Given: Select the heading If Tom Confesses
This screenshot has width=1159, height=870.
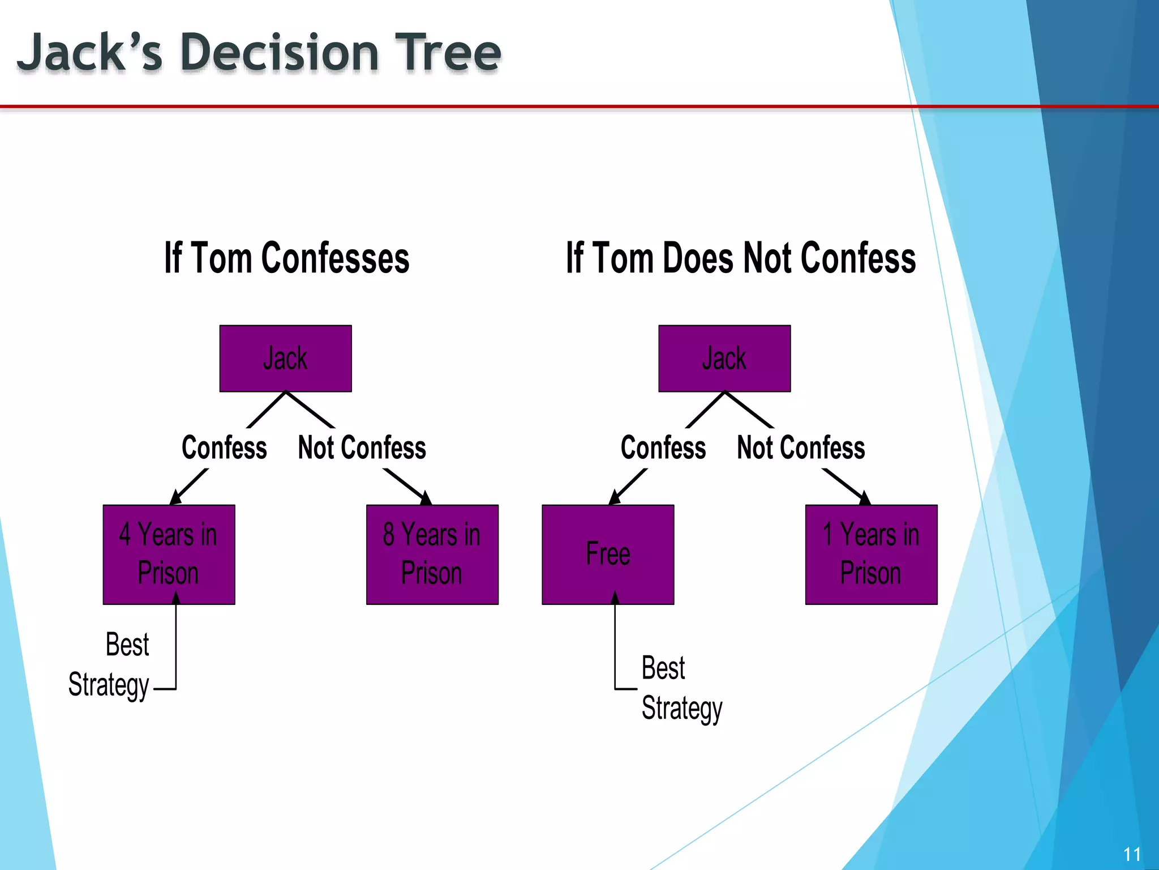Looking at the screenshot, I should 286,258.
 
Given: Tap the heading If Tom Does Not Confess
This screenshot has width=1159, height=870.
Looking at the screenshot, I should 740,258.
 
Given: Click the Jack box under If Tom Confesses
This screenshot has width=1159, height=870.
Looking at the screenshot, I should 285,359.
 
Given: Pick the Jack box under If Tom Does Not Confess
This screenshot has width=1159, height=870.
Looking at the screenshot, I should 724,359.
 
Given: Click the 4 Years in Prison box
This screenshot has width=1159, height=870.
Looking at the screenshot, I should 169,554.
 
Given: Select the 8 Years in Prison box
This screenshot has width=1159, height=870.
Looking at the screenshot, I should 432,554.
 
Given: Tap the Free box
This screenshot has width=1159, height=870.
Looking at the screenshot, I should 608,554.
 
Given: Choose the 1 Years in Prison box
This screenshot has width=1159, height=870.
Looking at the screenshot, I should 871,554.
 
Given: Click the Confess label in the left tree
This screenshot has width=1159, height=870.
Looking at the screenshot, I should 224,448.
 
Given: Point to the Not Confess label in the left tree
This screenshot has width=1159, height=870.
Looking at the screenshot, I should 362,448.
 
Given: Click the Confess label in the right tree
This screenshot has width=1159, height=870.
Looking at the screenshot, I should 663,448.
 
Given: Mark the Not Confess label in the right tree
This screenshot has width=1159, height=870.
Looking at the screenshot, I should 801,448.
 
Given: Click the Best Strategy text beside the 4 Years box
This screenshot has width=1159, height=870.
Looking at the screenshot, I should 109,665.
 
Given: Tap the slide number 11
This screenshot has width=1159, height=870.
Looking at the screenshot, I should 1132,854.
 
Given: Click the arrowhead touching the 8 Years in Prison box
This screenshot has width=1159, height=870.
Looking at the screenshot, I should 426,498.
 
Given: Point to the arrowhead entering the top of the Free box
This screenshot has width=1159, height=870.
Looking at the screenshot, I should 614,498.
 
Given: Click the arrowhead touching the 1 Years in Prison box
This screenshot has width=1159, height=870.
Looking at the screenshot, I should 865,498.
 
